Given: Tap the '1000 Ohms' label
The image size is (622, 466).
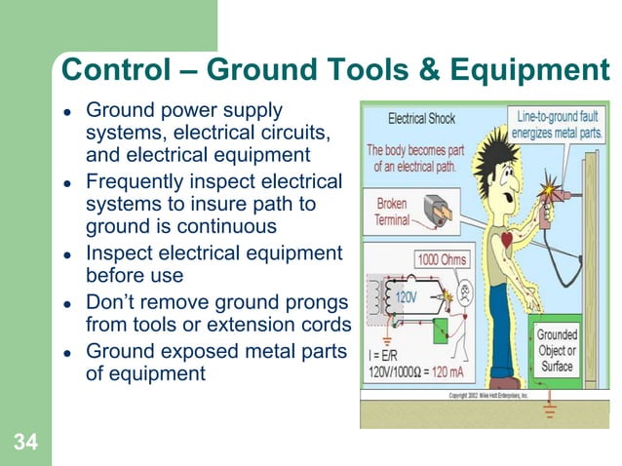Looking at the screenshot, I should click(x=442, y=260).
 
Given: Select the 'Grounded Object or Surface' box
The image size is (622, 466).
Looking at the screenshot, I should click(x=558, y=350).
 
